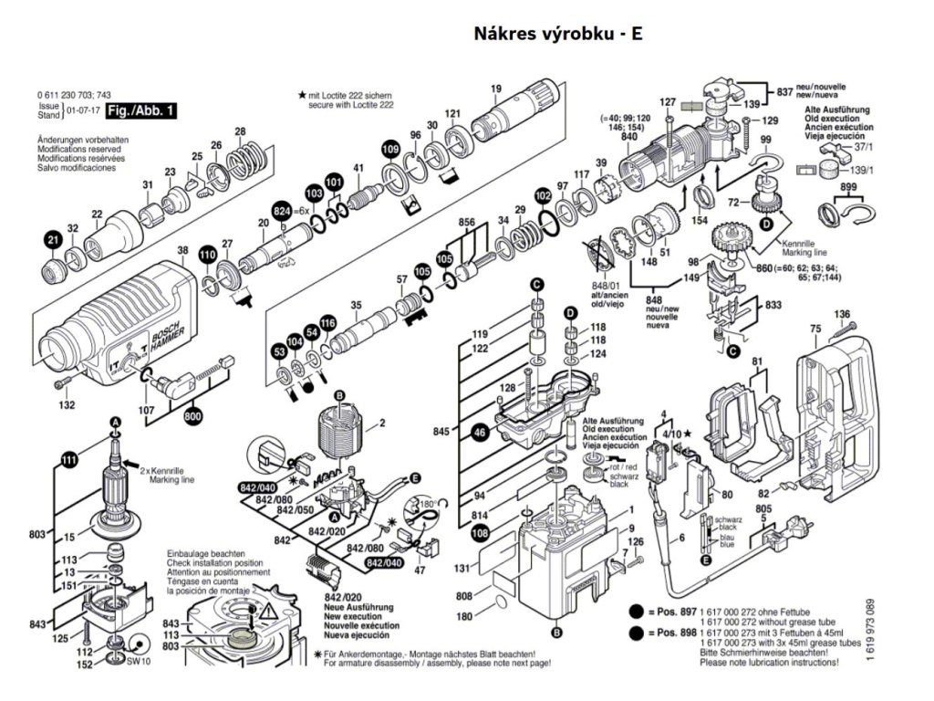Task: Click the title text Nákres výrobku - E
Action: click(558, 35)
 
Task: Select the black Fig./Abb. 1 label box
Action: click(141, 111)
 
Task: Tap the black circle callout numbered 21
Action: click(53, 241)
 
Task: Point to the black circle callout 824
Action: click(282, 212)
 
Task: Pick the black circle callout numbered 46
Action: click(480, 434)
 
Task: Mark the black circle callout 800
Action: click(192, 417)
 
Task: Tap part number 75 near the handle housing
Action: click(815, 329)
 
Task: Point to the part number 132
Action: click(67, 404)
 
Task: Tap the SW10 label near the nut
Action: click(139, 660)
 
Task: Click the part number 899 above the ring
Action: click(848, 189)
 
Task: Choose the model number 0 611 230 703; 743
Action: click(75, 96)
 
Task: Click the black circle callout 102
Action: click(544, 196)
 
